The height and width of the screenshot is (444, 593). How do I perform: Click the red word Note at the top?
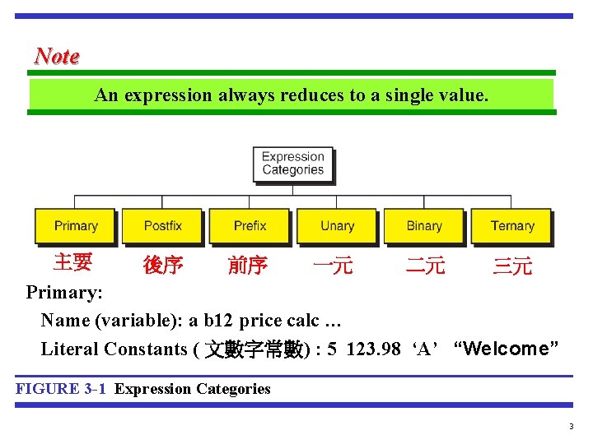coord(57,56)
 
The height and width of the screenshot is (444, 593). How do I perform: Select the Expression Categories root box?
coord(293,163)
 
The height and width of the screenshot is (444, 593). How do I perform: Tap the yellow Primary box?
coord(76,226)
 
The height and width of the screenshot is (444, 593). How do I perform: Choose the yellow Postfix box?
coord(162,226)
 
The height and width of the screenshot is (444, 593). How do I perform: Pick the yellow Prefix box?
coord(250,226)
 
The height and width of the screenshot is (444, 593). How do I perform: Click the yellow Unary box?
coord(337,226)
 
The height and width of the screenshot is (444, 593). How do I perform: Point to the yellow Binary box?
coord(424,226)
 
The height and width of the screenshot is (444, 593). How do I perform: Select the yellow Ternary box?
coord(511,226)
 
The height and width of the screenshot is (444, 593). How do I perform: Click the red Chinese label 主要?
coord(72,262)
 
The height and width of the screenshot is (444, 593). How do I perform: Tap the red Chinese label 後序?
coord(162,266)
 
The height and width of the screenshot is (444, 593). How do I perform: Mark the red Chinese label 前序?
coord(247,266)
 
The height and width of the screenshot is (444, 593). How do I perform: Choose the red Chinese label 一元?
coord(334,266)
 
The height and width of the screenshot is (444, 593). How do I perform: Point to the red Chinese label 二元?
coord(426,266)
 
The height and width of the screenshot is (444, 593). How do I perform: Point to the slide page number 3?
coord(570,427)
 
